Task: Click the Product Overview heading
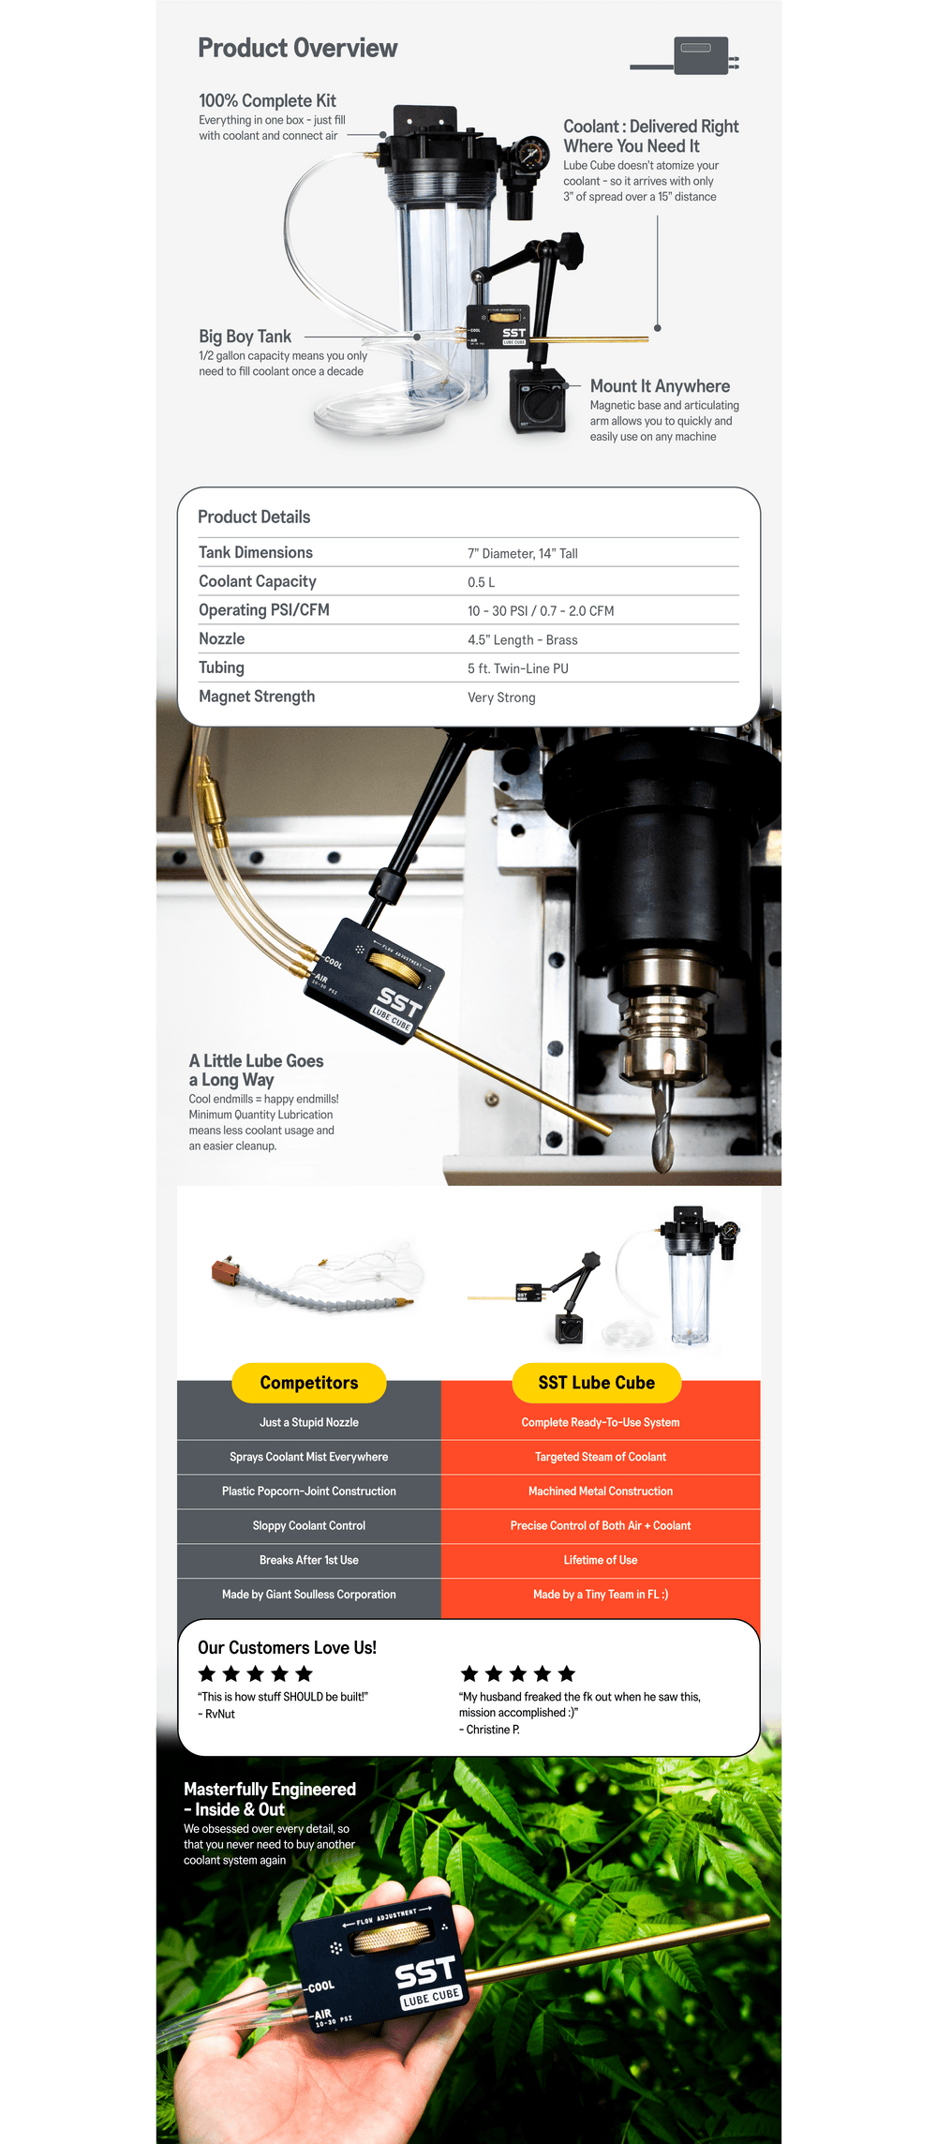(x=297, y=48)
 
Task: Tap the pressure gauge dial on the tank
(x=532, y=153)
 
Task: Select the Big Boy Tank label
(x=245, y=336)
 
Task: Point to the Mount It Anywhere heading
(x=660, y=386)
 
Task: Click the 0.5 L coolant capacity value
(x=482, y=582)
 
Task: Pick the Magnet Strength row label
(x=257, y=697)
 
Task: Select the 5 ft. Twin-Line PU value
(x=518, y=668)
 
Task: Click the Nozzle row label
(x=221, y=638)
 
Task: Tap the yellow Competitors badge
(x=309, y=1383)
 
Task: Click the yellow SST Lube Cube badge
(x=597, y=1383)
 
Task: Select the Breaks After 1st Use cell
(x=309, y=1560)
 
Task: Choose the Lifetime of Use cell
(x=601, y=1560)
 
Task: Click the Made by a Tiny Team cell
(x=601, y=1595)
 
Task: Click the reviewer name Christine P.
(x=493, y=1730)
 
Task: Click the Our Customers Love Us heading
(x=287, y=1647)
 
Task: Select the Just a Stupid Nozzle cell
(x=309, y=1422)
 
